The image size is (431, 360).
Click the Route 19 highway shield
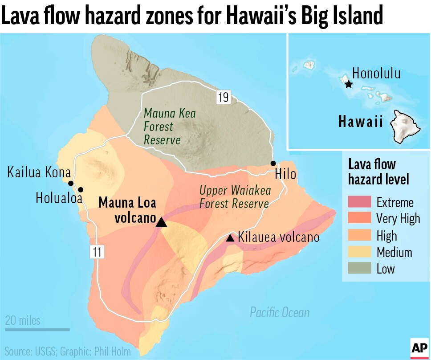point(223,97)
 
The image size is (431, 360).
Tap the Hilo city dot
point(273,164)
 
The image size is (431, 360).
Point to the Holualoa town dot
point(81,190)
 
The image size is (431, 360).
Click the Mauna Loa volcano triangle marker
point(162,222)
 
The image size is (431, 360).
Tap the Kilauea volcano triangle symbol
point(230,238)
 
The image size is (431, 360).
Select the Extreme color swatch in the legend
point(360,202)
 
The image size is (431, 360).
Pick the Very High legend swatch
point(360,218)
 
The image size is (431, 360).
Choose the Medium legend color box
point(360,252)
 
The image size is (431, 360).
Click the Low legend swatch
point(360,269)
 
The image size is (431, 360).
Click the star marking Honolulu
point(348,84)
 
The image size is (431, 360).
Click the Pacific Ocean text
point(279,312)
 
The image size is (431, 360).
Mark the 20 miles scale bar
point(37,330)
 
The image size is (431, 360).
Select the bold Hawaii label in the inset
point(361,122)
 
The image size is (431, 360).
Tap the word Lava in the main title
point(22,16)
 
